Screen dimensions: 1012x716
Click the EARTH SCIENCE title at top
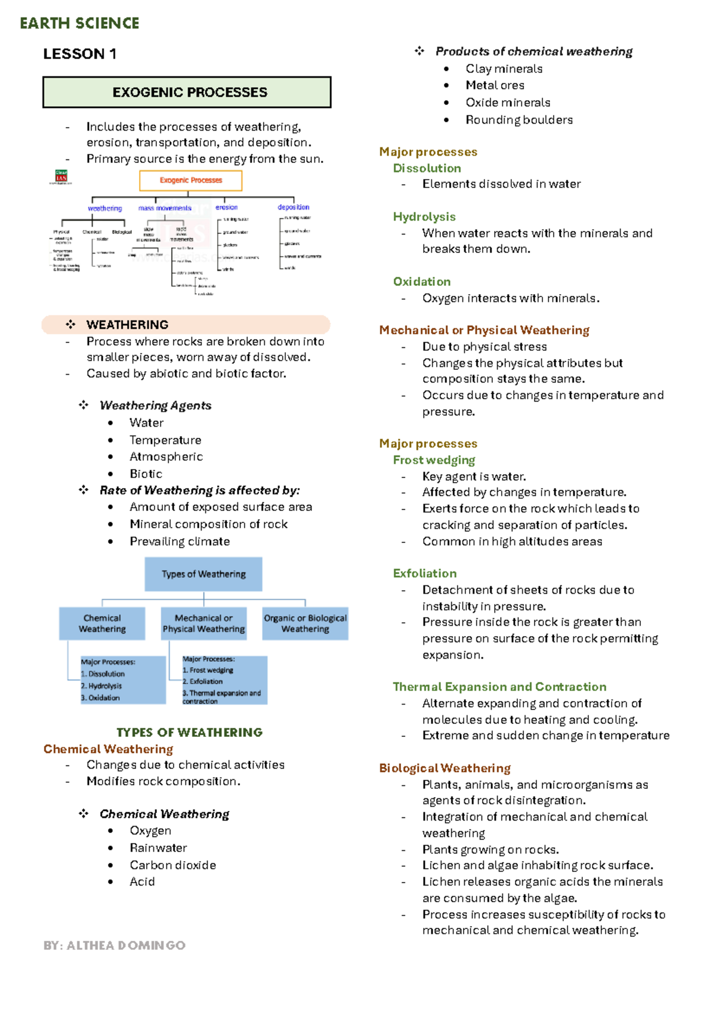point(79,23)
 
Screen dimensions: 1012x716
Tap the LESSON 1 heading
point(79,54)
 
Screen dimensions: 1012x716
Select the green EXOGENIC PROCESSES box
point(187,92)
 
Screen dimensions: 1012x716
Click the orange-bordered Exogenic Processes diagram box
point(190,180)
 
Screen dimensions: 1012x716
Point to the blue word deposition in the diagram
point(293,207)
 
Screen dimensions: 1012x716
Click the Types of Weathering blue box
point(203,574)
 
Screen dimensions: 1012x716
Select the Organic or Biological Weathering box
point(305,624)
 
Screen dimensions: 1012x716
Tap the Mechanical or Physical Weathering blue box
point(203,624)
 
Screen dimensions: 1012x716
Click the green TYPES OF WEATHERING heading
point(189,732)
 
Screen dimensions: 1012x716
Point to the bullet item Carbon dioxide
point(172,865)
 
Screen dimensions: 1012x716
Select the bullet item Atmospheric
point(166,456)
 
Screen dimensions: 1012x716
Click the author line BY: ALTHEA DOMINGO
point(114,945)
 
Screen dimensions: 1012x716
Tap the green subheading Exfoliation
point(424,573)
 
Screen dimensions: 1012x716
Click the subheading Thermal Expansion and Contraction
point(499,687)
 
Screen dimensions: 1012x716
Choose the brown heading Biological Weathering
point(445,768)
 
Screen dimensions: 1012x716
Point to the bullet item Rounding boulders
point(519,120)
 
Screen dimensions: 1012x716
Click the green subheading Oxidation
point(421,282)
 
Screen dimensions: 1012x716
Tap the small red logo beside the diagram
point(61,176)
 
